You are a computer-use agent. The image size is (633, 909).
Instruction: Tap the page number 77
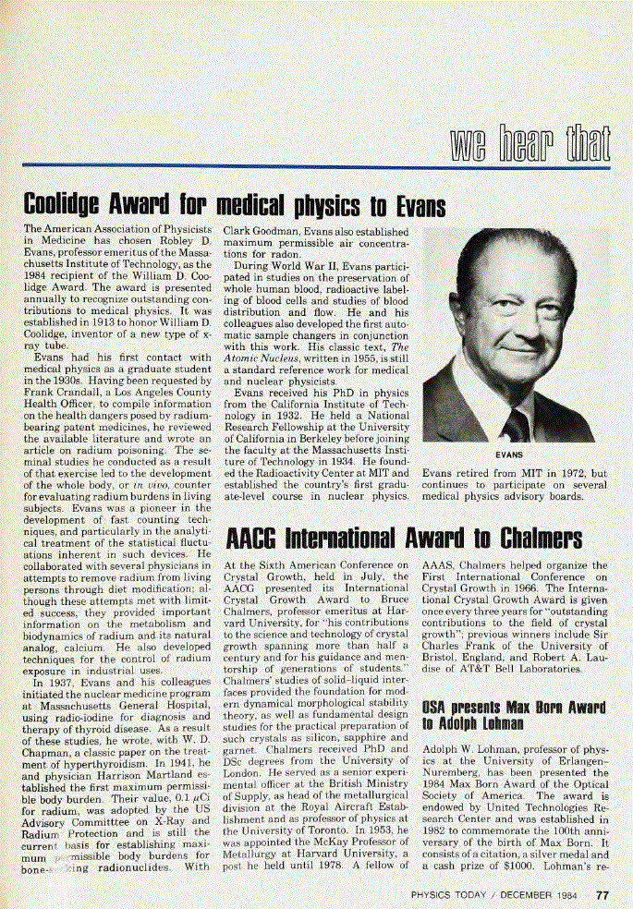pyautogui.click(x=602, y=894)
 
